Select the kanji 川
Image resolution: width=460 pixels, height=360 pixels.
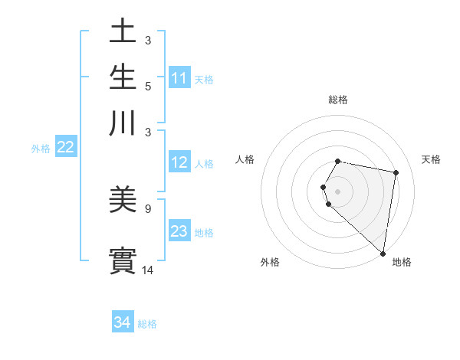(x=123, y=123)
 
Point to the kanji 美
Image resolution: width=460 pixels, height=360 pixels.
(x=123, y=200)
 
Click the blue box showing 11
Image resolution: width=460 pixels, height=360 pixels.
(x=179, y=78)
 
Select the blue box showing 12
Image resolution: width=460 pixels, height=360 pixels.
(x=179, y=162)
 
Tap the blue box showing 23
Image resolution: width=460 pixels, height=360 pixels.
(x=179, y=231)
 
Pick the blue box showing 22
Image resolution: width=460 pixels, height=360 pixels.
(x=65, y=147)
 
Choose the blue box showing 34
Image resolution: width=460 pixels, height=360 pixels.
(x=123, y=322)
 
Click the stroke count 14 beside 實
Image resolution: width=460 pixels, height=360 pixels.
(x=148, y=270)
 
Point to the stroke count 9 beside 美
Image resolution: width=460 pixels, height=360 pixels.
(x=148, y=208)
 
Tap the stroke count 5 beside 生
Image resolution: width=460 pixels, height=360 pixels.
(x=148, y=86)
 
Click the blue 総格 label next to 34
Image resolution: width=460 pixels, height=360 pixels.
(x=147, y=324)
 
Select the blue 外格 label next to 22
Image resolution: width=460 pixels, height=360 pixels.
(x=40, y=149)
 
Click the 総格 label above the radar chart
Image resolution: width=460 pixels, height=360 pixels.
(x=338, y=100)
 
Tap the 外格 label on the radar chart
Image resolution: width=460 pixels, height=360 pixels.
(x=270, y=262)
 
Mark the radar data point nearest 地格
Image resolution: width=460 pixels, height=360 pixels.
(x=383, y=254)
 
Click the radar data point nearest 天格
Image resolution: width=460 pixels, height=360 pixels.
(x=396, y=173)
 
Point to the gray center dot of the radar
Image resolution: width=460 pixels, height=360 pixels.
(x=338, y=191)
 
